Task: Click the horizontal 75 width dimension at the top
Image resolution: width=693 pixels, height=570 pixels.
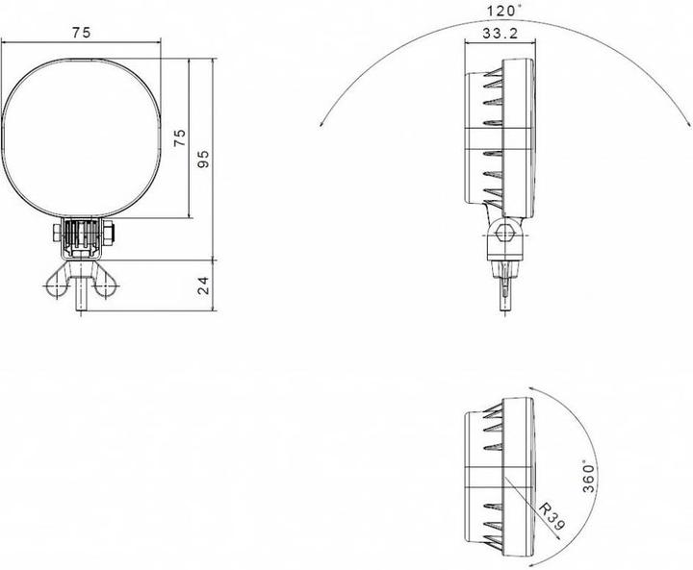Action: [81, 33]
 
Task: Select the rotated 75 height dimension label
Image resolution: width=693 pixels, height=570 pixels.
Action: [178, 137]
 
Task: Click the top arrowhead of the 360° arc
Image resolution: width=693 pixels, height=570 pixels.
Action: [537, 391]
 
